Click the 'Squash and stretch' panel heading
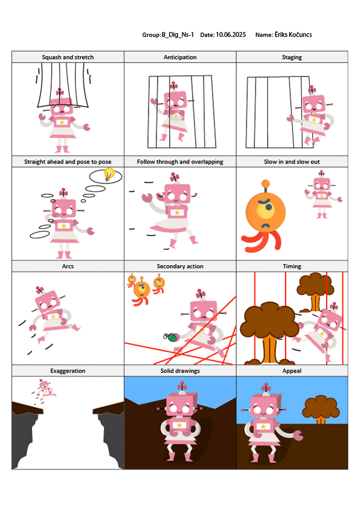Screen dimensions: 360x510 click(68, 58)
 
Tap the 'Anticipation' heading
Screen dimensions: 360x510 click(180, 58)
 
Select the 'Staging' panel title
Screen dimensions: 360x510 click(292, 58)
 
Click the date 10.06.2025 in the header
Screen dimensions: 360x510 click(231, 35)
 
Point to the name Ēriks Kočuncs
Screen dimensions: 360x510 click(293, 35)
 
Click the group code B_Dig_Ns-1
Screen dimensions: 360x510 click(178, 35)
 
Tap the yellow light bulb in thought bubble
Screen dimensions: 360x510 click(108, 174)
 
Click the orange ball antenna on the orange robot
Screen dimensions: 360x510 click(265, 184)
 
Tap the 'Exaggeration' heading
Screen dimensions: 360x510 click(68, 371)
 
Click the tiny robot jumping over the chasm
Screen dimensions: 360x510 click(44, 389)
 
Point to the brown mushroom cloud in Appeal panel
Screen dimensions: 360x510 click(321, 409)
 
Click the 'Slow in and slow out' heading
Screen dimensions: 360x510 click(292, 162)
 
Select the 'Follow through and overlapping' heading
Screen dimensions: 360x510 click(180, 162)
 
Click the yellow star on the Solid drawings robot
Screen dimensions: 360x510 click(179, 425)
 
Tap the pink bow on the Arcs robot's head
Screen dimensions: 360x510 click(40, 290)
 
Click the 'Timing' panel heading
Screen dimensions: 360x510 click(292, 267)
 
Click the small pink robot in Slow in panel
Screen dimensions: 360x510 click(322, 194)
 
